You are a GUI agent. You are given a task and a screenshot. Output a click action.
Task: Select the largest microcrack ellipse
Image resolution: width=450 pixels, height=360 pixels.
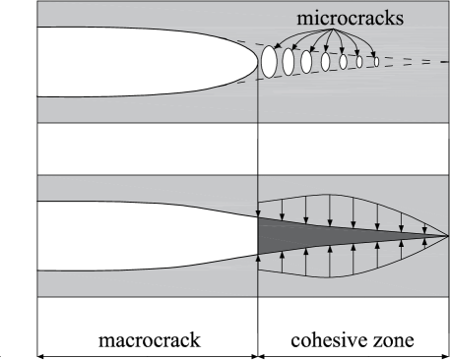tap(268, 61)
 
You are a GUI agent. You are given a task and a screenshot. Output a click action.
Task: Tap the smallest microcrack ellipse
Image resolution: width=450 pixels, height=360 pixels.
tap(375, 62)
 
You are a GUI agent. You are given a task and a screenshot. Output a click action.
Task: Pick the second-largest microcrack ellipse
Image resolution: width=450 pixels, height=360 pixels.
tap(289, 61)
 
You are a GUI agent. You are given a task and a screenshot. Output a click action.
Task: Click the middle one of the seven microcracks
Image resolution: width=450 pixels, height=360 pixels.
tap(325, 61)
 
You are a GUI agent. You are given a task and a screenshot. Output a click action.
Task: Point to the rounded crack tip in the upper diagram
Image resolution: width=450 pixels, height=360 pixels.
tap(252, 61)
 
